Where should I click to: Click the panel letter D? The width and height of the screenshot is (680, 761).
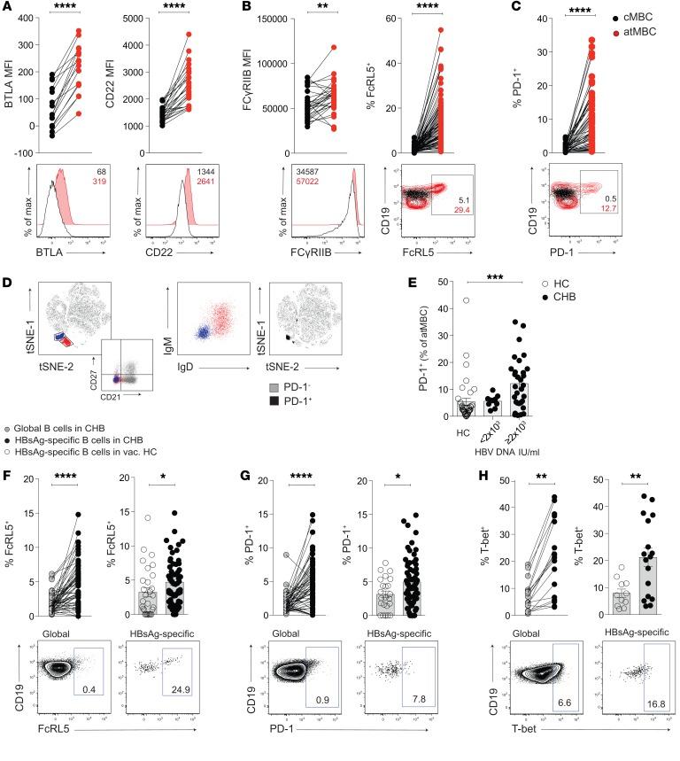pyautogui.click(x=7, y=283)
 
